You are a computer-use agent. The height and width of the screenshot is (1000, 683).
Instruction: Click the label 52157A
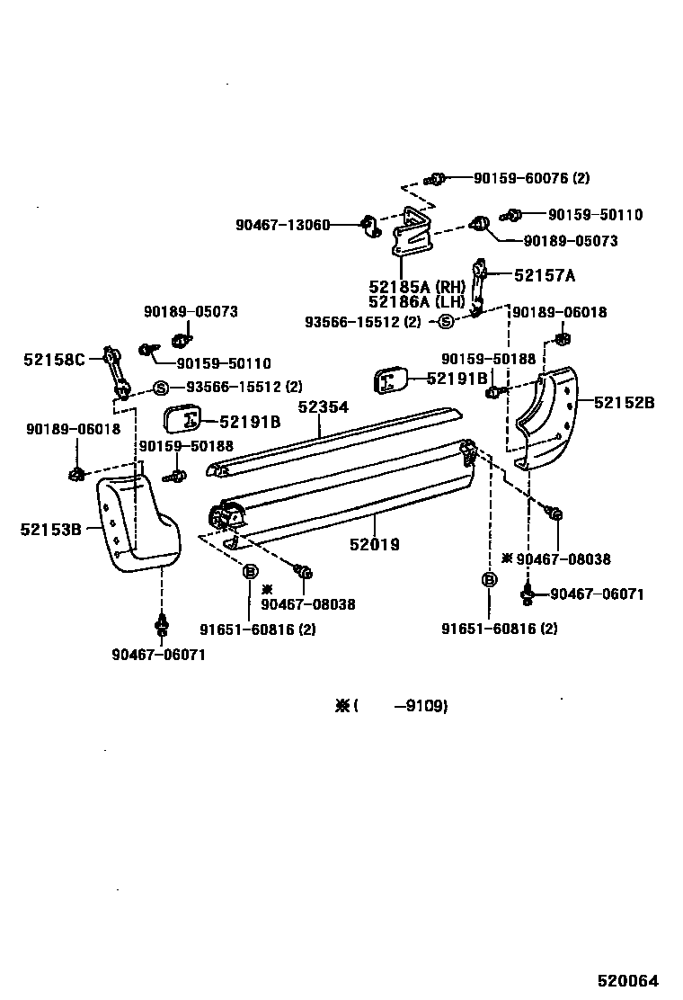click(544, 275)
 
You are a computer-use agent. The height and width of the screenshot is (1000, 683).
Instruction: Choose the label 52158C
click(54, 360)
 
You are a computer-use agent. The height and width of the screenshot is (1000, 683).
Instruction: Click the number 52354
click(323, 407)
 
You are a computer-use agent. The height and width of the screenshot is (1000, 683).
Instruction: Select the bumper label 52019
click(375, 544)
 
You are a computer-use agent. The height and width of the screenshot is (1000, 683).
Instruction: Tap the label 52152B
click(624, 402)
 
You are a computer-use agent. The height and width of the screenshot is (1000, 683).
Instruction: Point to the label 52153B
click(51, 529)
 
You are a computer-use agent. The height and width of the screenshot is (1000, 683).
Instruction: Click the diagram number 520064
click(628, 981)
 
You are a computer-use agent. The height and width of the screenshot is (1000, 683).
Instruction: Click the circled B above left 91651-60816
click(250, 572)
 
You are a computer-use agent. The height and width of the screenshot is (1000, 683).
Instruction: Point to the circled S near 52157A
click(445, 321)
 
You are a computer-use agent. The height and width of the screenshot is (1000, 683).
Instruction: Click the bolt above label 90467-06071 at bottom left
click(162, 623)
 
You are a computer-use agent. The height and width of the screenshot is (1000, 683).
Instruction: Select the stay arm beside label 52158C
click(116, 371)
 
